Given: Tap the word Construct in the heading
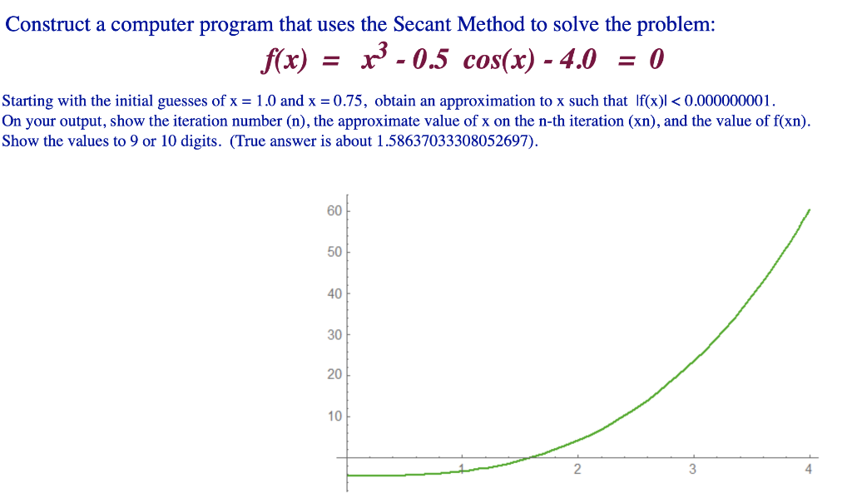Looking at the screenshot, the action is (x=47, y=24).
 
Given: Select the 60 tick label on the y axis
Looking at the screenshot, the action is (x=334, y=210).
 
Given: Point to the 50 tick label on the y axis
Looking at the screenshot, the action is (x=334, y=252).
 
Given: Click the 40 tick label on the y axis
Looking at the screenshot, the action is (x=334, y=293).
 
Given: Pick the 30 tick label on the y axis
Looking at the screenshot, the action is (x=334, y=334).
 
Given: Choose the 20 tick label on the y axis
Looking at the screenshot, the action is (x=334, y=375).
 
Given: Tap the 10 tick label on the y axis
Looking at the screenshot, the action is (x=334, y=417).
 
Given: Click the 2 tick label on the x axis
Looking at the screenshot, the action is (x=577, y=469).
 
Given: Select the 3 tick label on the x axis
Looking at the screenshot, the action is (x=692, y=469).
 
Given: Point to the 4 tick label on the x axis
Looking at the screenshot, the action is (x=808, y=469).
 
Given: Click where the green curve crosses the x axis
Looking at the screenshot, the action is (x=530, y=457).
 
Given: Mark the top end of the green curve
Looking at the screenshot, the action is (x=810, y=210).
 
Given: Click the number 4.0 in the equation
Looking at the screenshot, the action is (x=578, y=59).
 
